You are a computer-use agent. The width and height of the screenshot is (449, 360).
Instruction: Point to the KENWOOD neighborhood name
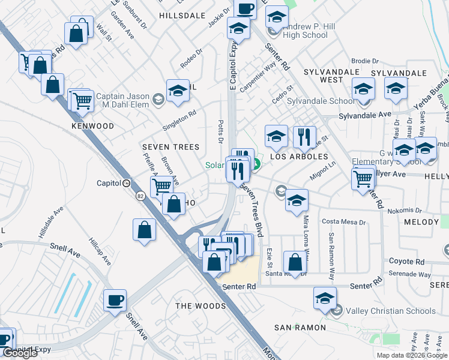[92, 126]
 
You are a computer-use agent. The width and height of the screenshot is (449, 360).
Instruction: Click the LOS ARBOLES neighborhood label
[299, 157]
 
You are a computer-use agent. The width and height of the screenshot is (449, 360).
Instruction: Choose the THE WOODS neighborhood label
[200, 306]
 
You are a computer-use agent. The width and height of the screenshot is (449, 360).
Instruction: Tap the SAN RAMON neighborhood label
[300, 328]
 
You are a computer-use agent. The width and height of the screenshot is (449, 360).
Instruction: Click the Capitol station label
[109, 183]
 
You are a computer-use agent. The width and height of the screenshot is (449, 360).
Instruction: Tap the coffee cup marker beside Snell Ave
[115, 300]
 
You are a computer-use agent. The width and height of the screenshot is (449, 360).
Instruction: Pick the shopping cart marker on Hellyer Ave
[363, 178]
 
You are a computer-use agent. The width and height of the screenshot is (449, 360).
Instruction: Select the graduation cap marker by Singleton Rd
[178, 91]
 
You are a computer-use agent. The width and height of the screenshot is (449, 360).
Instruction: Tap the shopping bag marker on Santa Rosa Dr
[295, 262]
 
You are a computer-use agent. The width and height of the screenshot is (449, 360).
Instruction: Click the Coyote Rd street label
[406, 262]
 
